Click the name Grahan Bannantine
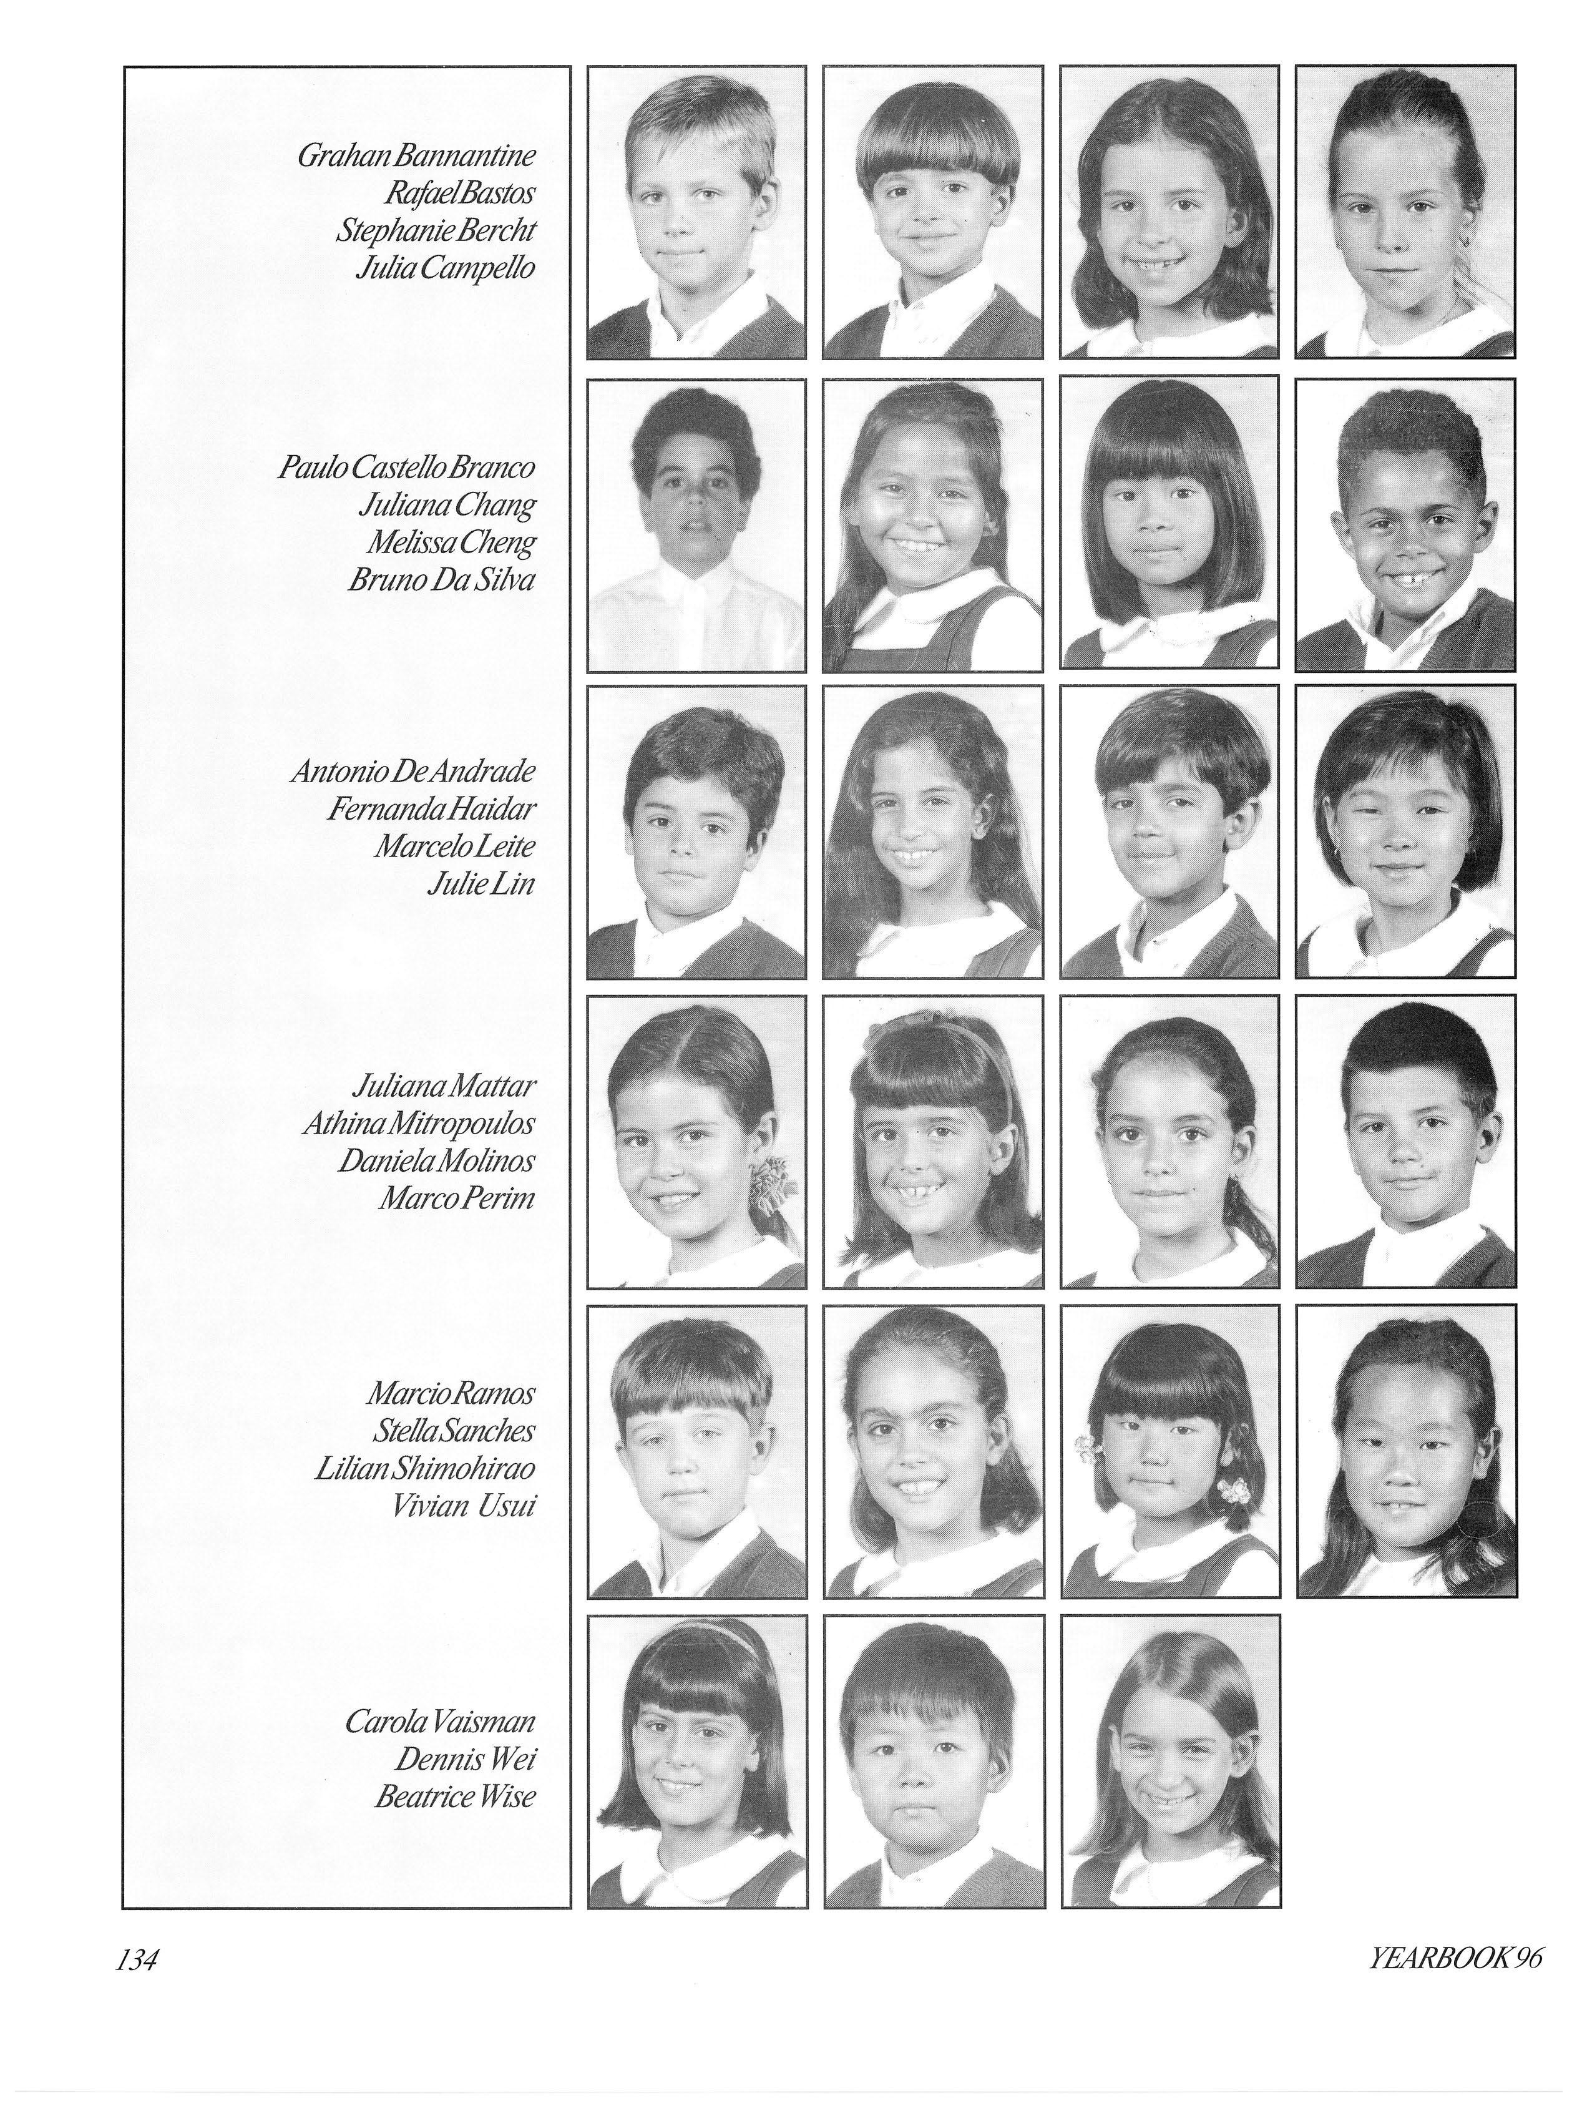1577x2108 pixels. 416,155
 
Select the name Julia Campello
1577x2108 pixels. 444,268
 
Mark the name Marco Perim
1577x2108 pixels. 456,1198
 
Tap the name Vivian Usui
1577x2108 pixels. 464,1506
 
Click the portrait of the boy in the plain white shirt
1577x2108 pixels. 696,526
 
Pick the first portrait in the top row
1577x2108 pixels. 696,212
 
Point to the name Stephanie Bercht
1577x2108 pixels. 434,230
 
